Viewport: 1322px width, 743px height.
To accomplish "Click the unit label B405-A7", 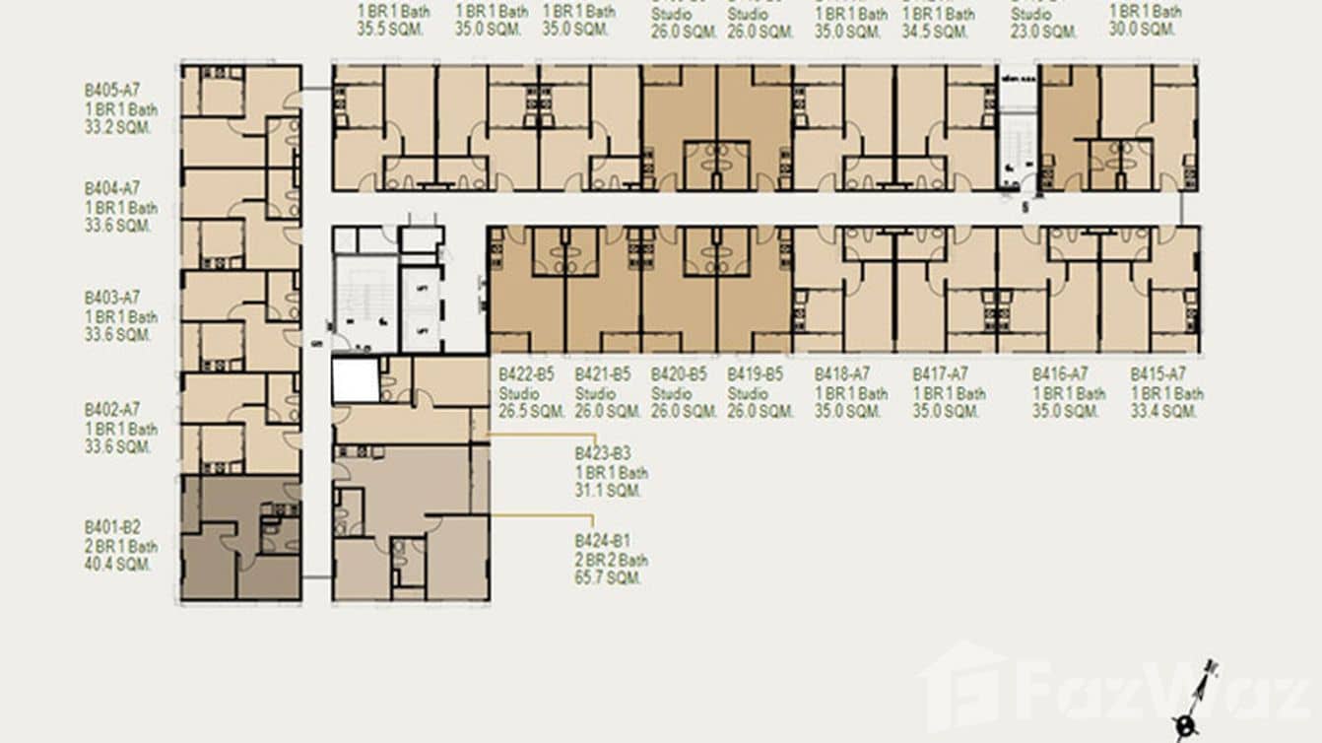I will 112,91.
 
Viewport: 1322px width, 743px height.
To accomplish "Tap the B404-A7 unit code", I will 112,188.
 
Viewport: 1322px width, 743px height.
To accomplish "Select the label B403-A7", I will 112,298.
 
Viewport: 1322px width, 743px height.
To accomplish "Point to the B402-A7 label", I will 112,409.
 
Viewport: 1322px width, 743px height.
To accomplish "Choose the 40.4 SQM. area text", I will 118,565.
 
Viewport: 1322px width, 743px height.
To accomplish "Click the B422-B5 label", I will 526,374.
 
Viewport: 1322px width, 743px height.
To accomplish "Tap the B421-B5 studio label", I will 603,374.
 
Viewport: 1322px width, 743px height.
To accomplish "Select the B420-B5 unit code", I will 679,374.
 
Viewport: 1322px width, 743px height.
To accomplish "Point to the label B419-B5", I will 756,374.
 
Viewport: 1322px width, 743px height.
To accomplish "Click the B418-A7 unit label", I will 842,374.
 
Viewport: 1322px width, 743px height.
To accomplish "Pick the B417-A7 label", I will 941,374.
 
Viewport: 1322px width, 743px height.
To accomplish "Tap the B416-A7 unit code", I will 1060,374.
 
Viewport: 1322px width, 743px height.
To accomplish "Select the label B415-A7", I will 1158,374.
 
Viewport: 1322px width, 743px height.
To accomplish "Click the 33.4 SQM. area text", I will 1164,412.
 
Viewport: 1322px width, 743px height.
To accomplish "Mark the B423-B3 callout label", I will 603,454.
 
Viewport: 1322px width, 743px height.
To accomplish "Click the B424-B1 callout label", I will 603,541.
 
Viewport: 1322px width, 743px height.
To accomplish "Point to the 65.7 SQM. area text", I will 609,578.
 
